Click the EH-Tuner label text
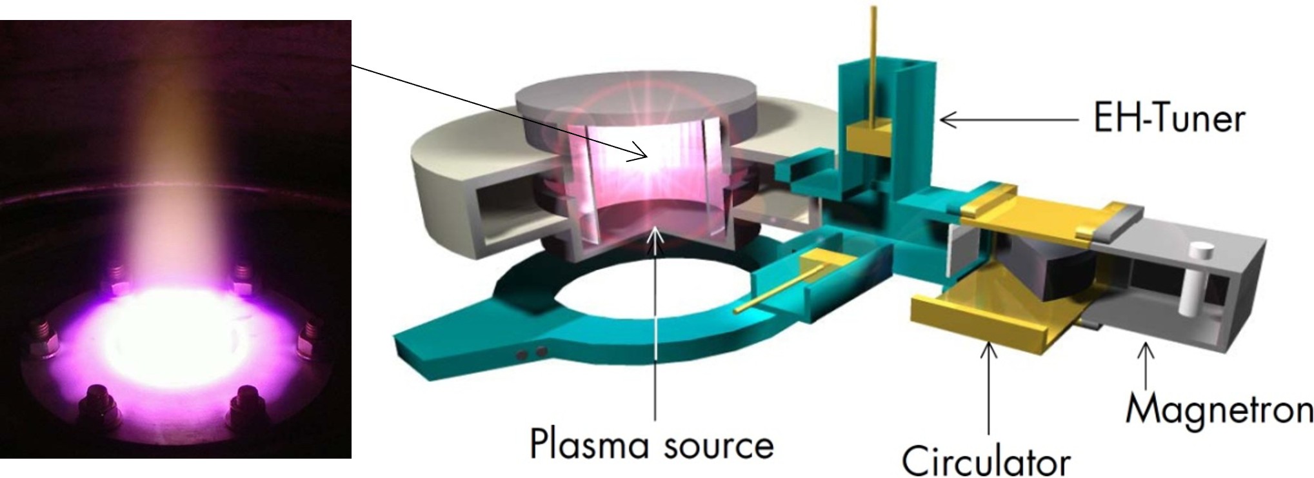(1169, 119)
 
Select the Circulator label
(986, 459)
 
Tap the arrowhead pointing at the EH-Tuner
(948, 119)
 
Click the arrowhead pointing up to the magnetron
(1146, 352)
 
